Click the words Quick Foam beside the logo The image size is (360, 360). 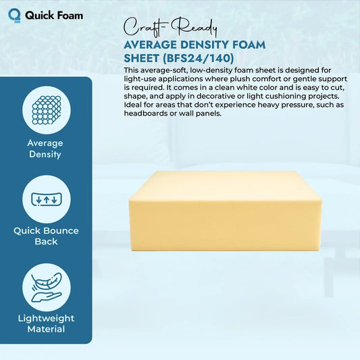click(54, 14)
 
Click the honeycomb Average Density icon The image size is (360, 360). click(45, 109)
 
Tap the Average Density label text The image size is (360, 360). click(45, 149)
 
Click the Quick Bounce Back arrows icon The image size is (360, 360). click(45, 199)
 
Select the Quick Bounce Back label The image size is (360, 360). click(46, 236)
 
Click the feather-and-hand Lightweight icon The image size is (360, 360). click(45, 287)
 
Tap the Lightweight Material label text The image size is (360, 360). click(45, 324)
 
